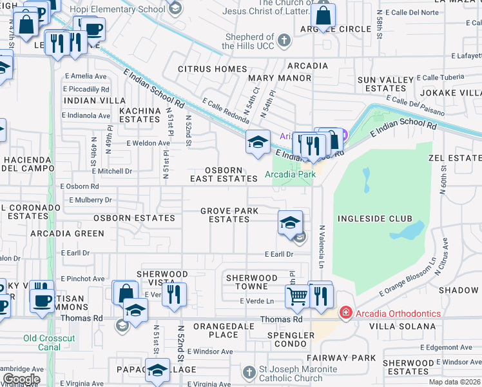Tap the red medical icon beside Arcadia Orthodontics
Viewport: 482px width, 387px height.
tap(346, 313)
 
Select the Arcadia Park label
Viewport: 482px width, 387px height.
tap(291, 174)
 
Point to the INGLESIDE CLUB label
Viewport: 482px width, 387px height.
tap(374, 219)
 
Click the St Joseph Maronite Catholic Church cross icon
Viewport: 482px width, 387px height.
tap(249, 372)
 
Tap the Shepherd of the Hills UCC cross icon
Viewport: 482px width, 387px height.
tap(284, 41)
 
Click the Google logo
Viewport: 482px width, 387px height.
tap(21, 379)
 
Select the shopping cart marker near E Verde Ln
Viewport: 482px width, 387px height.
tap(297, 296)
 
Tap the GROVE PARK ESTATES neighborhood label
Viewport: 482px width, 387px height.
tap(229, 215)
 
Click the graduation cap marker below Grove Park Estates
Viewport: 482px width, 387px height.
tap(290, 223)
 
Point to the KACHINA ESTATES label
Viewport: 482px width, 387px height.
tap(139, 115)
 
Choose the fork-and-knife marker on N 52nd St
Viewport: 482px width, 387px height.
tap(174, 294)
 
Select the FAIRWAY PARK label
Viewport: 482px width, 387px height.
tap(351, 357)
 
